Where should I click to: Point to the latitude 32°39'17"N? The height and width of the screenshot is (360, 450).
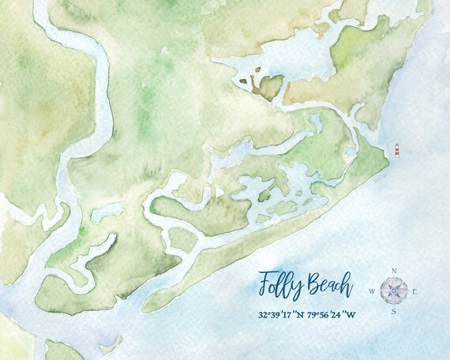coord(282,315)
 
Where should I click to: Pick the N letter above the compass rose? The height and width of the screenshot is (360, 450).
coord(393,271)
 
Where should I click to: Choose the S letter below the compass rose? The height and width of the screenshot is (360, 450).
coord(394,312)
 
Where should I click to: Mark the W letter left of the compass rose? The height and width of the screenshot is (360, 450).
coord(372,291)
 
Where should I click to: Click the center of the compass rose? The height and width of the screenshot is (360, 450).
coord(394,291)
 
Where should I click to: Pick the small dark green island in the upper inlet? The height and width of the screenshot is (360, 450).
coord(271,87)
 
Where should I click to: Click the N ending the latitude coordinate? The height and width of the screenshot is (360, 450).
coord(303,315)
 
